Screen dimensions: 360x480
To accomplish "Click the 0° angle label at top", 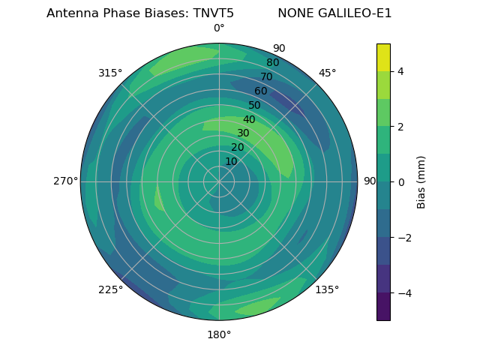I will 219,28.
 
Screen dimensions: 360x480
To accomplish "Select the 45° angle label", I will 327,73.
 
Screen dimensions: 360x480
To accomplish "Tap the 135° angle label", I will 327,289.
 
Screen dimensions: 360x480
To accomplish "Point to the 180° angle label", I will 219,334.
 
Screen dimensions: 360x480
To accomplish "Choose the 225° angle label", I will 110,289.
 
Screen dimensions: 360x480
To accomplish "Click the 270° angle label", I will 65,181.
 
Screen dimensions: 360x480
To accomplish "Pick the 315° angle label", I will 110,73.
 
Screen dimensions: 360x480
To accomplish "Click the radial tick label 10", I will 231,161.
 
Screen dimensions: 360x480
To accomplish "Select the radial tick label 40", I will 249,119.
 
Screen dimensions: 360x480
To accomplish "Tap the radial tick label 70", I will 266,77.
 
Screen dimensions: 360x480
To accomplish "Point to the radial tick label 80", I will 272,63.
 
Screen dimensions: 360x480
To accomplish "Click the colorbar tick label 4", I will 400,71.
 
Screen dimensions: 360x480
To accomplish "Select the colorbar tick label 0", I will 400,182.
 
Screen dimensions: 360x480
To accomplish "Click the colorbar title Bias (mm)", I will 421,182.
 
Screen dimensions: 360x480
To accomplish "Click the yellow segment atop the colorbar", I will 383,57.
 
